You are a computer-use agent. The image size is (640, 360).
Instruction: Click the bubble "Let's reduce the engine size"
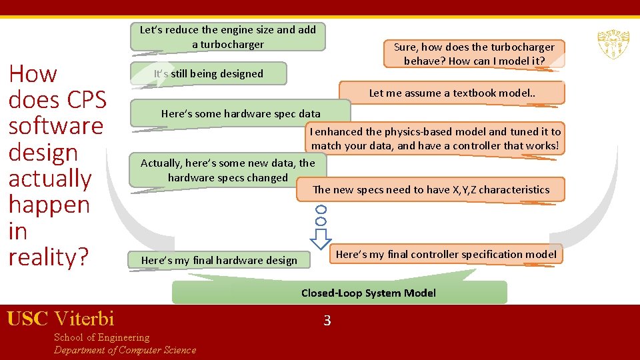tap(228, 37)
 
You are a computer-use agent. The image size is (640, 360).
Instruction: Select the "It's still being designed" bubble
tap(209, 74)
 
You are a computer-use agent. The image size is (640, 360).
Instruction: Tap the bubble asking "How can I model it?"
tap(474, 54)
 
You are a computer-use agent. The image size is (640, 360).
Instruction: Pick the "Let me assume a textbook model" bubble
tap(452, 93)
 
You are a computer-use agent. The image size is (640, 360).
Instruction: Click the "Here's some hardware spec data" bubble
tap(240, 113)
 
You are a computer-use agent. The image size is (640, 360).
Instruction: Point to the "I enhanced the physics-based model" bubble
tap(435, 139)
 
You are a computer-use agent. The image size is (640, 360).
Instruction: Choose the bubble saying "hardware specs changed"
tap(227, 171)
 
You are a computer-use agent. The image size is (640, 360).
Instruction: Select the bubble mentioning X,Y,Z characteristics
tap(431, 190)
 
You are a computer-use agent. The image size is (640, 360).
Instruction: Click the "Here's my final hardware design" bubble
tap(219, 260)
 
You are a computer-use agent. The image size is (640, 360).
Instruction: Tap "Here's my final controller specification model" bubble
tap(446, 255)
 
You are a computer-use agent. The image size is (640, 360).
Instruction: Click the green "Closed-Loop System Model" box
tap(369, 293)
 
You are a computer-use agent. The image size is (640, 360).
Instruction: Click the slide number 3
tap(327, 321)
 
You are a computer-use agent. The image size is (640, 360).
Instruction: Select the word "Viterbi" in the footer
tap(84, 319)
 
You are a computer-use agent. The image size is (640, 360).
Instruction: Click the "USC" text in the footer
tap(27, 319)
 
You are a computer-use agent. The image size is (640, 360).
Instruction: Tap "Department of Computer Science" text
tap(125, 350)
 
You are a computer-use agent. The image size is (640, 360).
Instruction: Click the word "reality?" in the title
tap(48, 257)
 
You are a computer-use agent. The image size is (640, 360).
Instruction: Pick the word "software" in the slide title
tap(56, 126)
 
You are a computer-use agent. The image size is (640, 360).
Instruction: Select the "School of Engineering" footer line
tap(101, 337)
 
